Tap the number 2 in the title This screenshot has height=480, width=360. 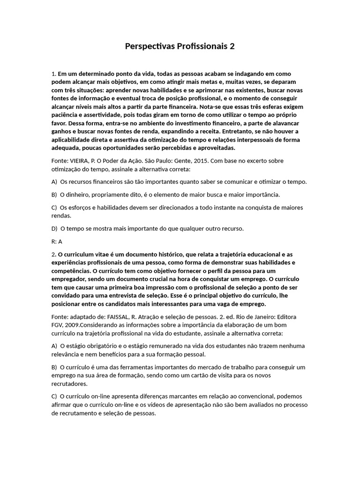[x=232, y=46]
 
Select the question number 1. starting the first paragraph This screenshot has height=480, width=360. [x=54, y=74]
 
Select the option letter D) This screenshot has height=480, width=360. [x=54, y=229]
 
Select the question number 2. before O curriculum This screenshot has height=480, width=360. [x=54, y=254]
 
